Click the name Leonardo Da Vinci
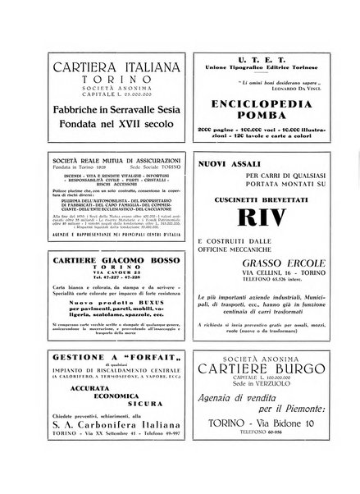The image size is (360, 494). (280, 89)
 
